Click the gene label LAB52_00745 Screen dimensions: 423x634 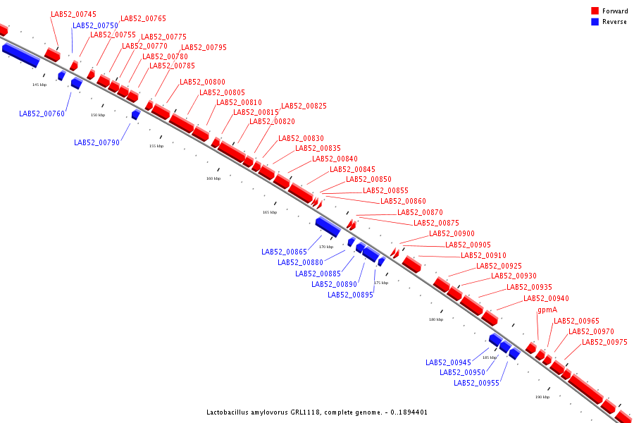click(74, 15)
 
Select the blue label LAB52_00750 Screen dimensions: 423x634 click(96, 26)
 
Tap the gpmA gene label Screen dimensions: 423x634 click(547, 310)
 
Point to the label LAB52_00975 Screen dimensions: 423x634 click(604, 343)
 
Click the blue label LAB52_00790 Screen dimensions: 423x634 click(97, 142)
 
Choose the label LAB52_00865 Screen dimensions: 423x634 click(284, 252)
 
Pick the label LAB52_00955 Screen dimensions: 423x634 click(476, 384)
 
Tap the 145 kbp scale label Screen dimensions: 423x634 click(39, 85)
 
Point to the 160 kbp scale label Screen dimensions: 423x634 click(213, 178)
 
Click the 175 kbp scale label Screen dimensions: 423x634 click(381, 283)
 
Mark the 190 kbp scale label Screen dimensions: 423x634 click(542, 397)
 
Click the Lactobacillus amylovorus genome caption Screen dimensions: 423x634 click(317, 412)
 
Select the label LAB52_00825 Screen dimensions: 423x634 click(304, 106)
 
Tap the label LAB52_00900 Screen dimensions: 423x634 click(452, 234)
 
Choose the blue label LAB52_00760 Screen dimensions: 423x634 click(42, 114)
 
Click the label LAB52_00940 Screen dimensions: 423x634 click(546, 299)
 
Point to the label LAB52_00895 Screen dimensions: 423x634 click(350, 295)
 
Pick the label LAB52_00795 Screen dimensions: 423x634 click(204, 48)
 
